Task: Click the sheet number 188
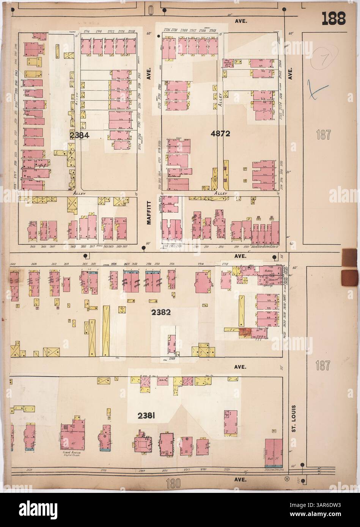tap(334, 18)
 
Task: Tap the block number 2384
tap(79, 135)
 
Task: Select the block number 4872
tap(222, 133)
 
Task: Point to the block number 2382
tap(161, 313)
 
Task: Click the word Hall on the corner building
tap(272, 459)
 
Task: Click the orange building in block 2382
tap(245, 333)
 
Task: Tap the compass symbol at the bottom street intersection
tap(286, 479)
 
